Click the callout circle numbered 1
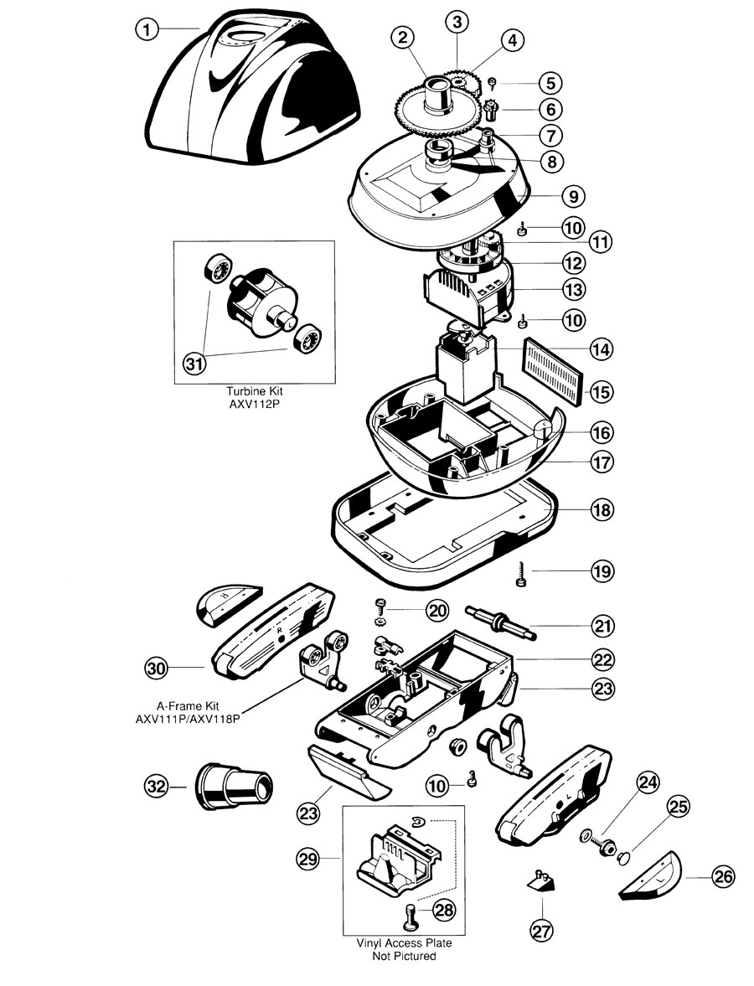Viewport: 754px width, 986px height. coord(147,29)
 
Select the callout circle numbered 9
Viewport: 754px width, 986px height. coord(573,196)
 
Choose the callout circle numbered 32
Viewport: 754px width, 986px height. coord(156,787)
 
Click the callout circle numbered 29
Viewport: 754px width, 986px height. coord(310,859)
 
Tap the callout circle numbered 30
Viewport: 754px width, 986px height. coord(156,668)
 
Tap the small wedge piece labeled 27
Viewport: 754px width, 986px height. coord(540,880)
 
